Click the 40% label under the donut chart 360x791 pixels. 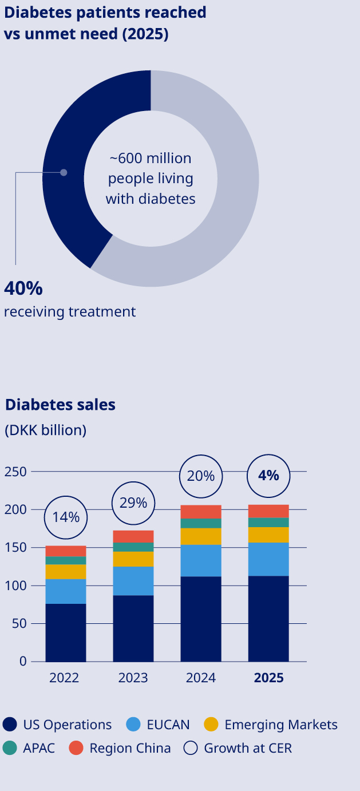click(x=23, y=288)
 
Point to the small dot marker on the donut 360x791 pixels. click(x=64, y=172)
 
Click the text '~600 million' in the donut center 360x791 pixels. click(x=151, y=158)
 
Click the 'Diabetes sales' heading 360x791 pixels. click(x=60, y=405)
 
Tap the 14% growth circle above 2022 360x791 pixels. click(x=66, y=517)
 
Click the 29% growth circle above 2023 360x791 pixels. click(x=133, y=503)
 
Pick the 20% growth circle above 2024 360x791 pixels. click(x=201, y=476)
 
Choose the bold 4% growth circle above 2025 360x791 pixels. click(x=268, y=475)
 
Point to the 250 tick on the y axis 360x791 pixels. click(x=15, y=472)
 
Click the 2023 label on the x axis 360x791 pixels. click(x=133, y=678)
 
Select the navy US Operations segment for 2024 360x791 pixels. click(x=201, y=618)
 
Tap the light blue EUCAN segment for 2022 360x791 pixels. click(x=66, y=591)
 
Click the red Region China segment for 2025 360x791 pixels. click(x=268, y=511)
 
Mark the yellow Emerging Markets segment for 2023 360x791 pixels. click(x=133, y=559)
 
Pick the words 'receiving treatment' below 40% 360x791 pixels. click(x=70, y=312)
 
